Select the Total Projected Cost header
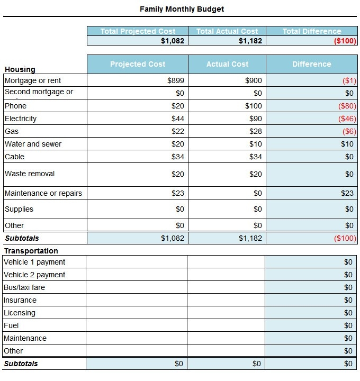point(137,31)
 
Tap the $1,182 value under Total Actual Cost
point(250,41)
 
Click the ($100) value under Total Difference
point(345,41)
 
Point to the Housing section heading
point(20,69)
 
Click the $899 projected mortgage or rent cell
point(175,80)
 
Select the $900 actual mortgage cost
point(254,80)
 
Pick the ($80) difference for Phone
point(347,106)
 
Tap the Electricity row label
point(21,119)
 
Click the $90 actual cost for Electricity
point(256,119)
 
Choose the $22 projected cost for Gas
point(178,131)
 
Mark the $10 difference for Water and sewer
point(347,144)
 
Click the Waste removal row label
point(30,174)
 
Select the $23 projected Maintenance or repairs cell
point(178,193)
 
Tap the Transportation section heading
point(31,251)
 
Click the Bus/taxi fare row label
point(24,287)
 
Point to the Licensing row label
point(20,313)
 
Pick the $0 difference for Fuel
point(348,325)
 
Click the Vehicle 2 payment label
point(34,275)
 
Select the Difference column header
point(311,64)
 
